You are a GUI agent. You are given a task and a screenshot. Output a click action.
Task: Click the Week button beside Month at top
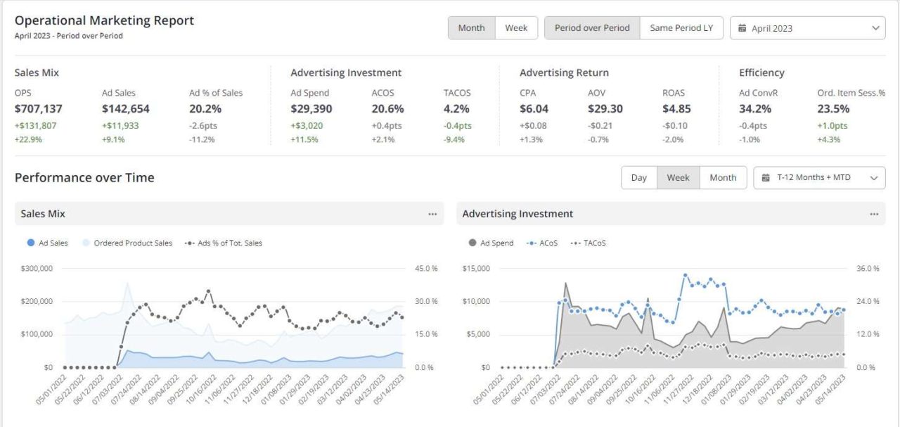tap(516, 28)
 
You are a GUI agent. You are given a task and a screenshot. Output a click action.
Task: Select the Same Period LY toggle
tap(681, 28)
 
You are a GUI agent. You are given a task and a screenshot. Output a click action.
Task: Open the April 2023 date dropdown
tap(807, 28)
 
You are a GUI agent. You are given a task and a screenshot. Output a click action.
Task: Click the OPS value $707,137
tap(39, 109)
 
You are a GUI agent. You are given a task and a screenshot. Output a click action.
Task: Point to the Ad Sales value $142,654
tap(125, 109)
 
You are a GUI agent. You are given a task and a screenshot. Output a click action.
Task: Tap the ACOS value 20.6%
tap(387, 109)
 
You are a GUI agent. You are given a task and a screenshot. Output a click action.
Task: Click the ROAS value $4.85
tap(676, 109)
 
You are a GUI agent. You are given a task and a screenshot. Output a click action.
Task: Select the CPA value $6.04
tap(534, 109)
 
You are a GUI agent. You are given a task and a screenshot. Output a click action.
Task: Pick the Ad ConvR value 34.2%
tap(755, 109)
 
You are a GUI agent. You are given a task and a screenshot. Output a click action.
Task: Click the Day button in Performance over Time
tap(638, 178)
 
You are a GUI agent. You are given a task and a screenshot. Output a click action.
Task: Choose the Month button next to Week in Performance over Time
tap(723, 178)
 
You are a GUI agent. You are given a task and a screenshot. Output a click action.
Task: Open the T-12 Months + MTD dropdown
tap(819, 178)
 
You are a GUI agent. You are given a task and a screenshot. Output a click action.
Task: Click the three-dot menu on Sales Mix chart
tap(432, 214)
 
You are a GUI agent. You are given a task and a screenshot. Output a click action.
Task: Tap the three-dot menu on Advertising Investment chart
tap(874, 214)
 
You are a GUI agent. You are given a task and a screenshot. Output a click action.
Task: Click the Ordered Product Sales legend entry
tap(127, 243)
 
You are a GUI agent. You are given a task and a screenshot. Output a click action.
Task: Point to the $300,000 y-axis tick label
tap(37, 269)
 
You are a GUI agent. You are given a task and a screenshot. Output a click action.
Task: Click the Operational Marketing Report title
tap(104, 20)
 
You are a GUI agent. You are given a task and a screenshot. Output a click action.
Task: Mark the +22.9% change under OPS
tap(27, 139)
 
